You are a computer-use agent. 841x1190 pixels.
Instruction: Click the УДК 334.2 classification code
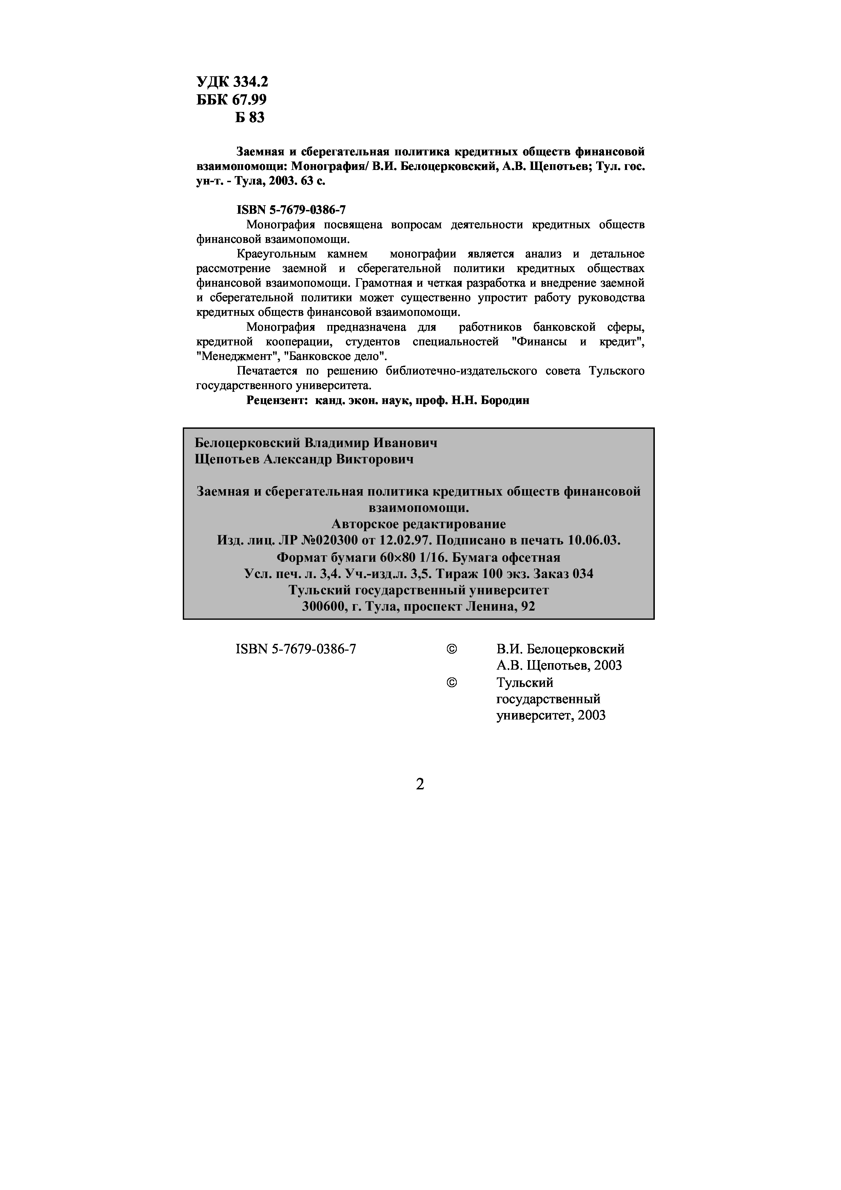pyautogui.click(x=232, y=82)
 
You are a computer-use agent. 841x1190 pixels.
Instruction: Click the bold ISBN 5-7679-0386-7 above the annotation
pyautogui.click(x=291, y=210)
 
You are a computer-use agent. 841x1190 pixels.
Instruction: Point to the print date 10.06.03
pyautogui.click(x=594, y=540)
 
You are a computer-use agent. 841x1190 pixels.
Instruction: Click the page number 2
pyautogui.click(x=420, y=784)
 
